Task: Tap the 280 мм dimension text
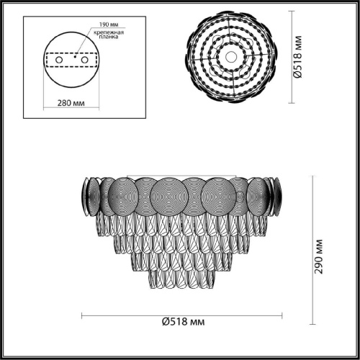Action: tap(70, 102)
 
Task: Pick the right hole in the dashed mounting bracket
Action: tap(85, 60)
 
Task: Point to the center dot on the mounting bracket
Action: tap(70, 53)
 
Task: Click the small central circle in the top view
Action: tap(230, 55)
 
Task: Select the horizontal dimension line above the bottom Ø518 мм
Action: tap(181, 315)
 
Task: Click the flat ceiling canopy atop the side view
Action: tap(181, 174)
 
